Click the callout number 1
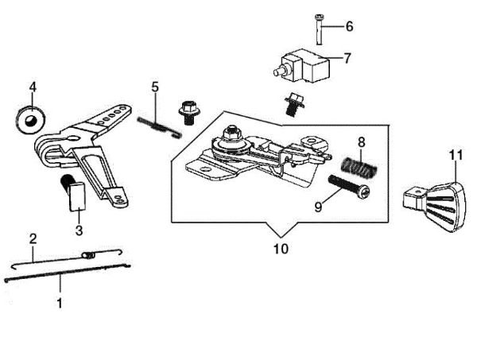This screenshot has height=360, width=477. pos(58,303)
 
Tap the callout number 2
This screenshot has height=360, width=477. pos(33,238)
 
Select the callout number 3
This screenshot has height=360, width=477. pos(79,230)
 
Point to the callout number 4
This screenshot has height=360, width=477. pos(33,86)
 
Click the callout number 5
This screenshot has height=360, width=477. pos(156,86)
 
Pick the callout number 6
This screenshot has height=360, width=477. pos(348,26)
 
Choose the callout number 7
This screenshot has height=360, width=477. pos(347,57)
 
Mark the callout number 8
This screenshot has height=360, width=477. pos(361,142)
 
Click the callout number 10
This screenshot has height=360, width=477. pos(280,249)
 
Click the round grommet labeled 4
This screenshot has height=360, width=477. pos(29,120)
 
